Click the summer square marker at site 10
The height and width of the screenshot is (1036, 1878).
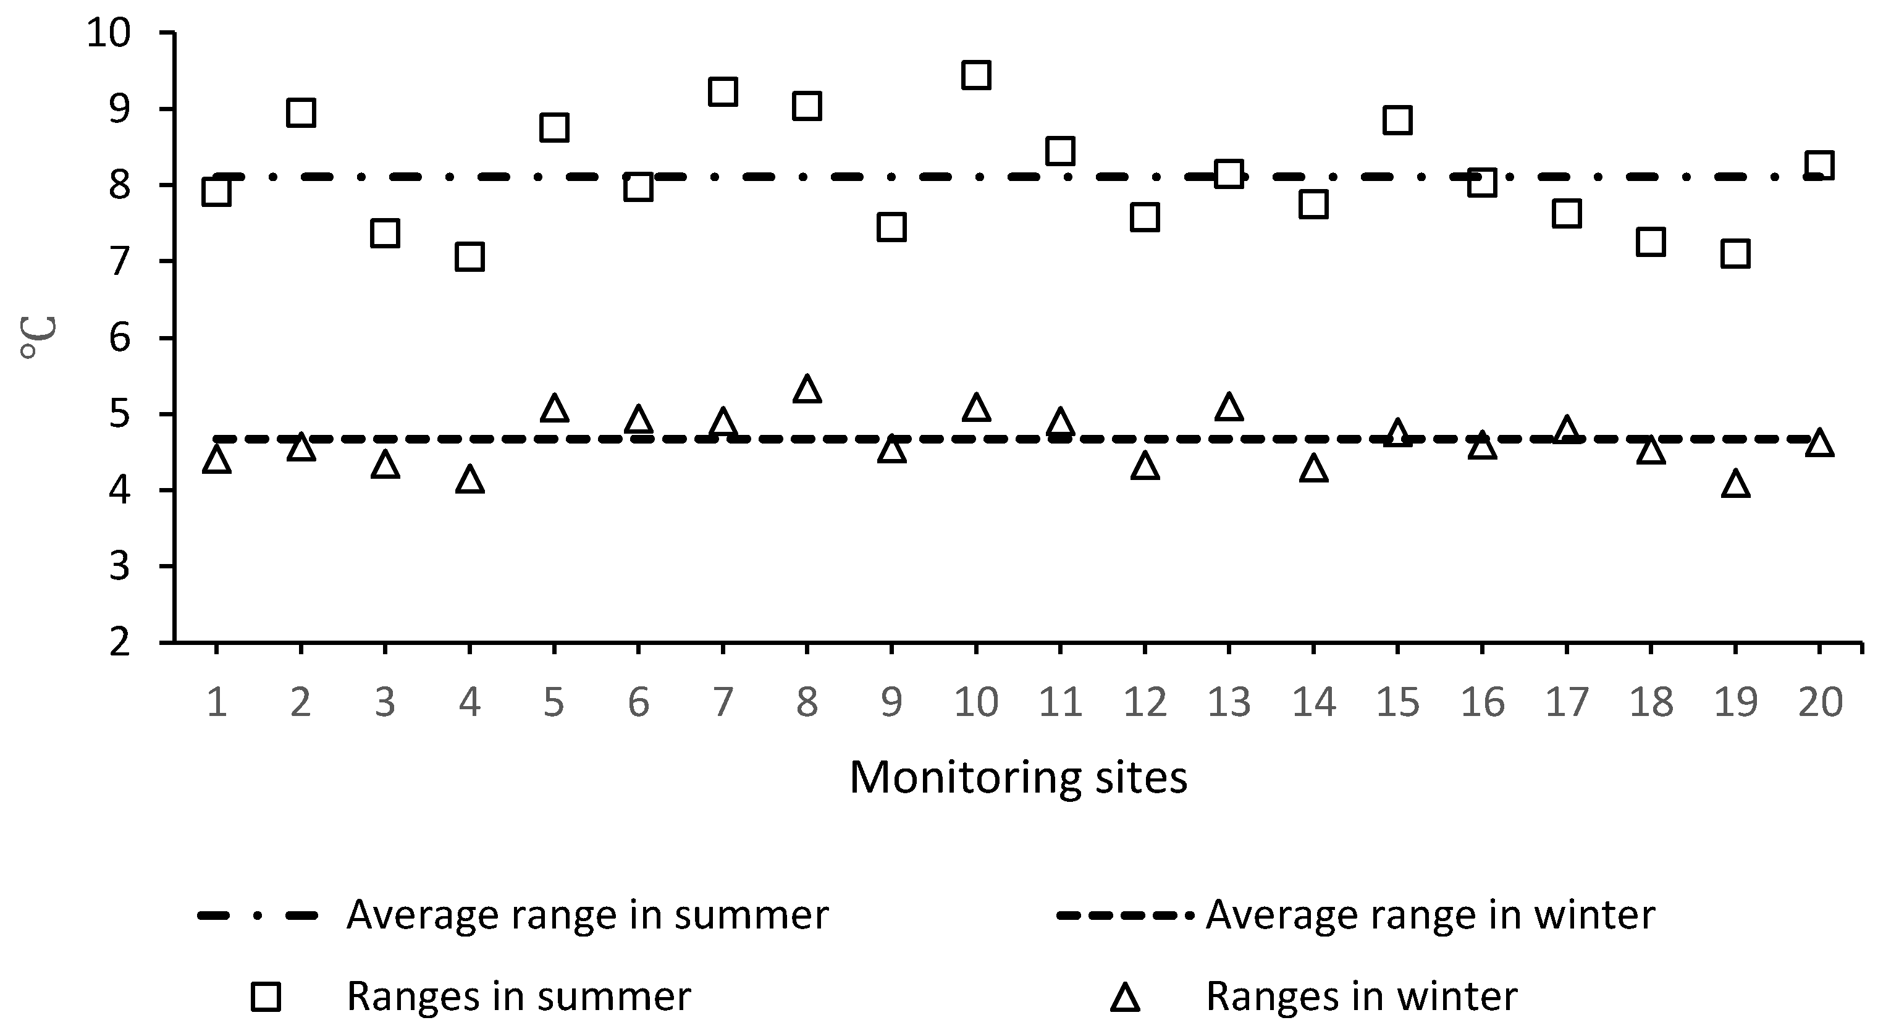pos(975,74)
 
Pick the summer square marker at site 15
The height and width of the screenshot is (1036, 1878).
pos(1397,120)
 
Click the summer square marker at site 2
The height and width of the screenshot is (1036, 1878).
pos(301,113)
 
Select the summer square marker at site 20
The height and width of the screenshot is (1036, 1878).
pos(1820,165)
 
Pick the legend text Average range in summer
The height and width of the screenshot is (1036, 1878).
pos(587,915)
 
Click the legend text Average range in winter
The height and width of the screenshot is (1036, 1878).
pos(1430,915)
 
